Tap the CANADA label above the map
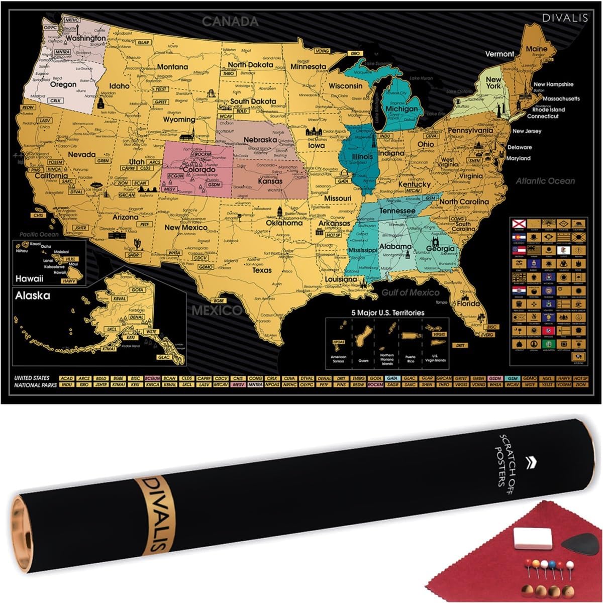point(230,22)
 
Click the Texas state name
point(261,270)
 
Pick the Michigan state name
point(401,109)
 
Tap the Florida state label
point(469,304)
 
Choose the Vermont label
point(499,54)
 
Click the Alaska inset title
point(33,295)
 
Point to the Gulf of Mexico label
point(410,292)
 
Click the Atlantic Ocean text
point(545,181)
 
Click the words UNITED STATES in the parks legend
point(32,378)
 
